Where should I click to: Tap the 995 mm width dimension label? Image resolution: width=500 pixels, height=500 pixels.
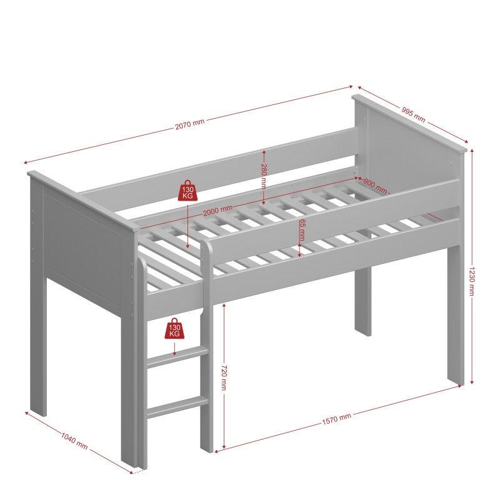point(414,114)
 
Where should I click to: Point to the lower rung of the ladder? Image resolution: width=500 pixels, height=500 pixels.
point(176,407)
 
